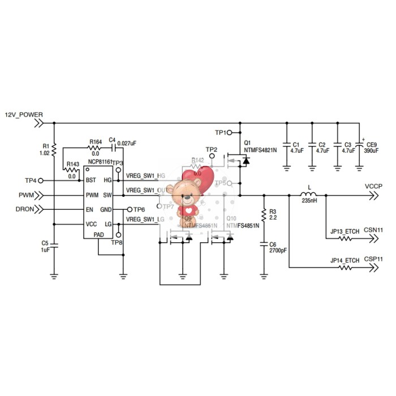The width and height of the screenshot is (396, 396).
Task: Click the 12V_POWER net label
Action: (24, 114)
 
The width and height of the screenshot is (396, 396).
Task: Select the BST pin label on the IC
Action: (91, 180)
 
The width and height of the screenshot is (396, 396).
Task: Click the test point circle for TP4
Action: (40, 180)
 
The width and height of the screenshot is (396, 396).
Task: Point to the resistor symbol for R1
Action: (54, 149)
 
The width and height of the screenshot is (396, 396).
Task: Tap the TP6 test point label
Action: (140, 210)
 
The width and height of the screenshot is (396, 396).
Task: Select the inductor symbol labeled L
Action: (309, 195)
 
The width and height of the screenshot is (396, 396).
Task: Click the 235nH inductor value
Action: (309, 201)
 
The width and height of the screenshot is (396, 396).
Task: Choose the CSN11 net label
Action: (373, 231)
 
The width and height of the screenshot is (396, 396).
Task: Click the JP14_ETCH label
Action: (345, 260)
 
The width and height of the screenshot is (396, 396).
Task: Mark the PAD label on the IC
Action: (98, 234)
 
